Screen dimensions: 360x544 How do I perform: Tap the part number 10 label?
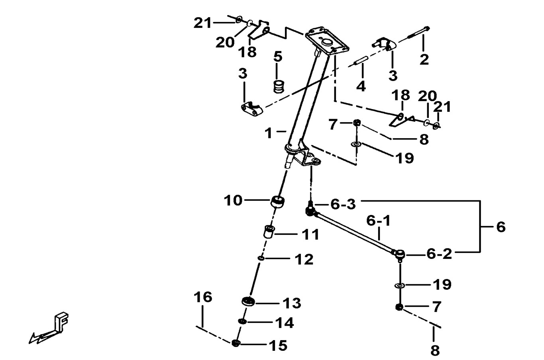coord(233,200)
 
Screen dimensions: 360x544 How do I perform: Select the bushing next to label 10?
coord(277,202)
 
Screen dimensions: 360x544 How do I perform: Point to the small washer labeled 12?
coord(261,258)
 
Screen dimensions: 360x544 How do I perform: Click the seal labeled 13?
coord(248,302)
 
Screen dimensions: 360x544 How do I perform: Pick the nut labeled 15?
coord(236,343)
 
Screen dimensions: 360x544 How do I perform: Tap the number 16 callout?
coord(203,297)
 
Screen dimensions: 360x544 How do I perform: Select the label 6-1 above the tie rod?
coord(379,220)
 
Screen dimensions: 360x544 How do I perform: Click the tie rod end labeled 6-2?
coord(399,253)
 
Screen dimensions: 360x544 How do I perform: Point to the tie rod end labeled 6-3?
coord(311,209)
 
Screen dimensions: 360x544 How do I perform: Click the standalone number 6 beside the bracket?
coord(501,227)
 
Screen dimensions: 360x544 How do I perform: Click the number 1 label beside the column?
coord(269,133)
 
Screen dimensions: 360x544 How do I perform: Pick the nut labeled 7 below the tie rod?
coord(399,307)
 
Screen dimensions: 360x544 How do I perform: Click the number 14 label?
coord(285,323)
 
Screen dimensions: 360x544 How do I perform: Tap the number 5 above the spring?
coord(278,57)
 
